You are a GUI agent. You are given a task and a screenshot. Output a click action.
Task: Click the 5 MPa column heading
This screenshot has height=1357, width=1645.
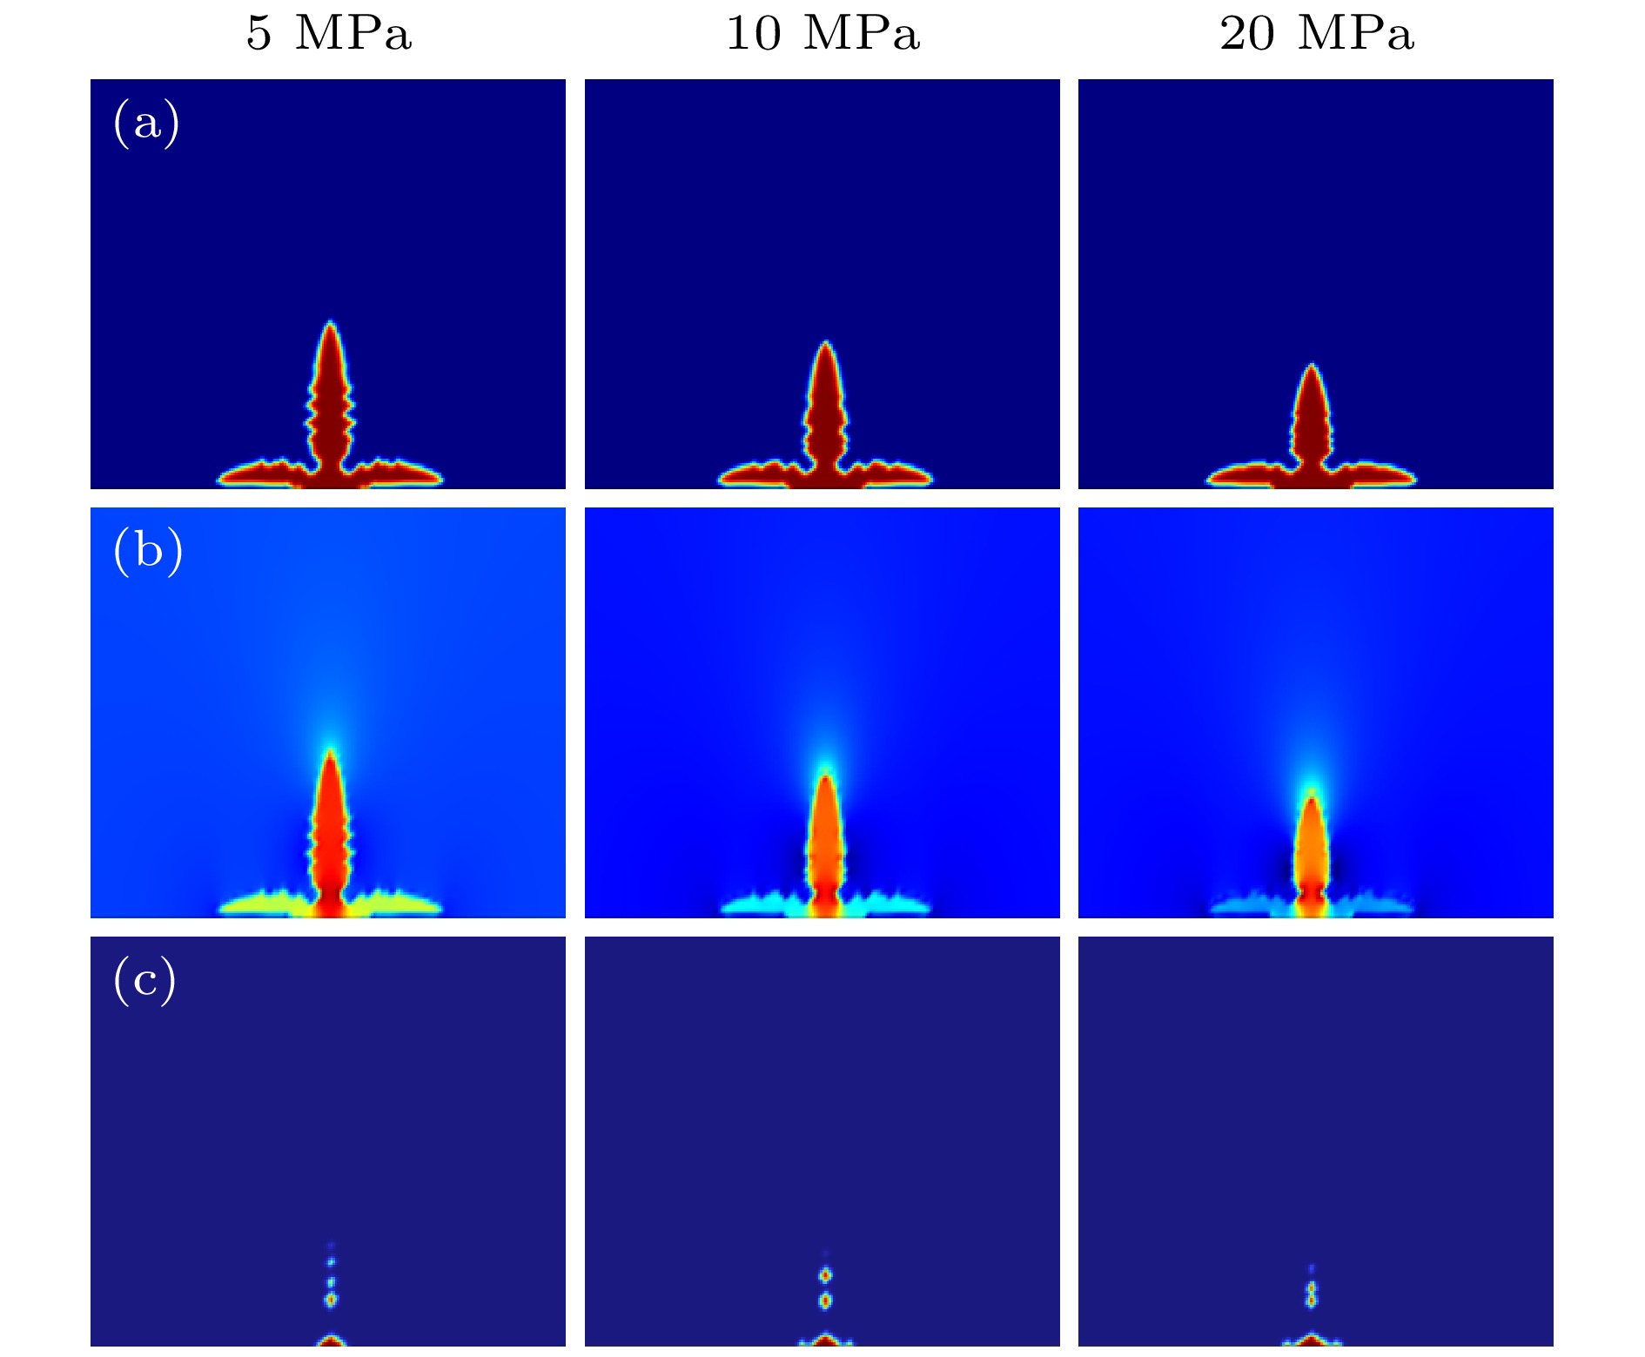328,33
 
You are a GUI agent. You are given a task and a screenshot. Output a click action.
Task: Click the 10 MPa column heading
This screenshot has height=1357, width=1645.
822,33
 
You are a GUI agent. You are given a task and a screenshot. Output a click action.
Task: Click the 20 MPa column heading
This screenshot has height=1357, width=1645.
1316,33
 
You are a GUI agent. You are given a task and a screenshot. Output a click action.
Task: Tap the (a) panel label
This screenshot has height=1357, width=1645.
146,123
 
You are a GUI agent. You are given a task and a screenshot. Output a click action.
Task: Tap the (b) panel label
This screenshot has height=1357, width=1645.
148,551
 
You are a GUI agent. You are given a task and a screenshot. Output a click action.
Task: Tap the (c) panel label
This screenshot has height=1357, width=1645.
144,980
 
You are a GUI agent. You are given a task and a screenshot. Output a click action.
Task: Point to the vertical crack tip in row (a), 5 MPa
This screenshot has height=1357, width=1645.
330,324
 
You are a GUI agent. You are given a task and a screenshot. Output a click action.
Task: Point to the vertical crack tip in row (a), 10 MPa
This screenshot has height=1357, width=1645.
825,344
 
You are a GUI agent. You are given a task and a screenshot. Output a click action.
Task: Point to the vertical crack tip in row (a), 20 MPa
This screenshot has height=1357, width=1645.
1312,366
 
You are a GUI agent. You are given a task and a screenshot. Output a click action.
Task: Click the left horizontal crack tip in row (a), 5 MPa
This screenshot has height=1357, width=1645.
220,477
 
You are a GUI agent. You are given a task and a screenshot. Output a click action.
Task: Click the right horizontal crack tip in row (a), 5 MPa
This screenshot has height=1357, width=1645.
440,477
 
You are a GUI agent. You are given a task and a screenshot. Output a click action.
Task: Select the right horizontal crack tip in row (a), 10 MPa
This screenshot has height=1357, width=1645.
930,477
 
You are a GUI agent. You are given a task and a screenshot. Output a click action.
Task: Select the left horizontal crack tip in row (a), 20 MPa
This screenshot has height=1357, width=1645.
1209,477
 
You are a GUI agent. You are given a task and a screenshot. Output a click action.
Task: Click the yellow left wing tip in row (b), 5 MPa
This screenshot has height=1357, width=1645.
223,907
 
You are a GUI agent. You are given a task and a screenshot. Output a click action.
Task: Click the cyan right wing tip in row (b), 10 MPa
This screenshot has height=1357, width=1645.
928,907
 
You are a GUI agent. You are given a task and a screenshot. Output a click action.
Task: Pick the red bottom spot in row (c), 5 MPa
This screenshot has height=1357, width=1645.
330,1341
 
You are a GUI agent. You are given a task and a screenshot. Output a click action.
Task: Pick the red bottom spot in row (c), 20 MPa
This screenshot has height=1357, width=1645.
1312,1341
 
